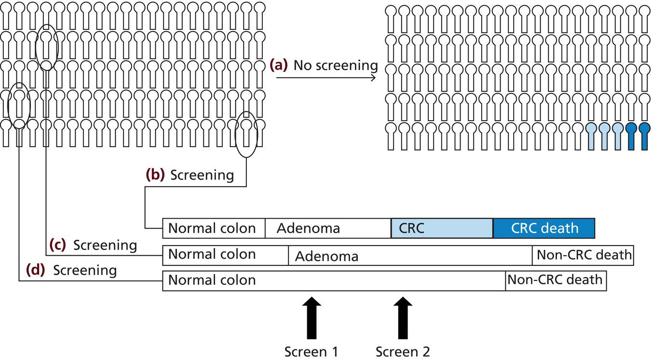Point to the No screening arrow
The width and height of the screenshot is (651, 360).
[326, 77]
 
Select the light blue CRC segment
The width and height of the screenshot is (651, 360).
[442, 228]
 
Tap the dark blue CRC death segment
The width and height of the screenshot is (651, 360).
[543, 228]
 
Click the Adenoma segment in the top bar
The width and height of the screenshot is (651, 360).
[328, 228]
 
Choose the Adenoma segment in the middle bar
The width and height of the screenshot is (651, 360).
[410, 256]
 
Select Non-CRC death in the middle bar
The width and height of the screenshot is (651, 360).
[583, 255]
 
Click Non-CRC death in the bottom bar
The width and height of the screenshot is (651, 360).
[556, 280]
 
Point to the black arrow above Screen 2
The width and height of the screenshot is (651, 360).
[400, 318]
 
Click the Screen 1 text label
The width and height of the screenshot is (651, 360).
[311, 352]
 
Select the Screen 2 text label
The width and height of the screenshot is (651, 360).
[403, 352]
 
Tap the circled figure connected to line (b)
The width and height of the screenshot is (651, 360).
[246, 131]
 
